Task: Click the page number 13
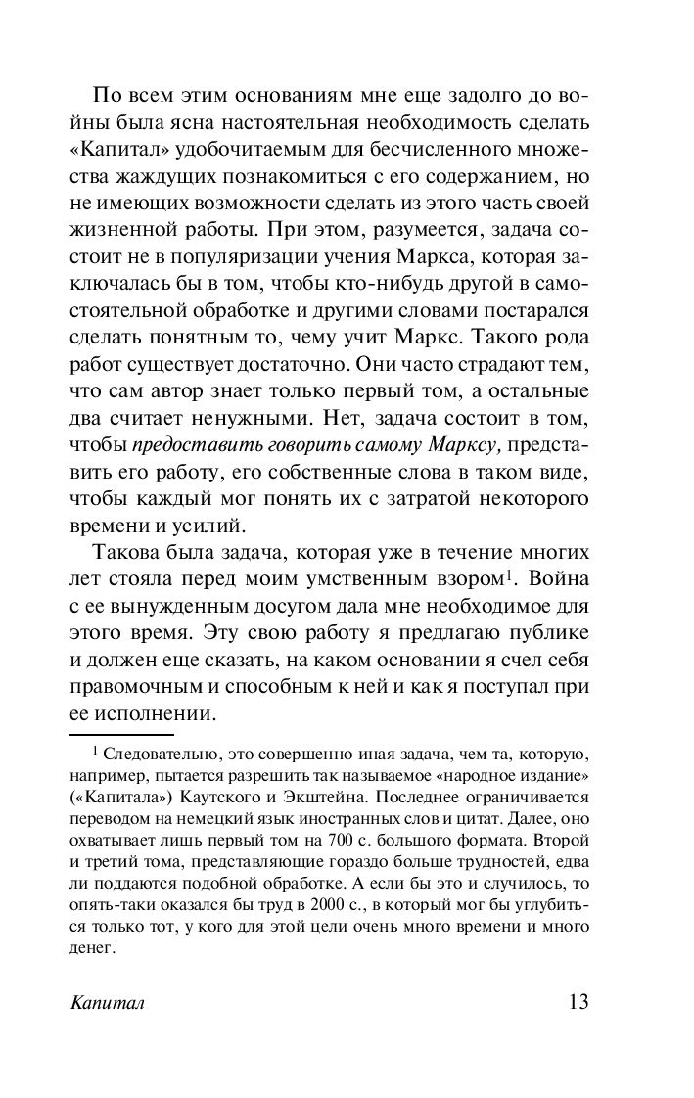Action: [x=578, y=1005]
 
